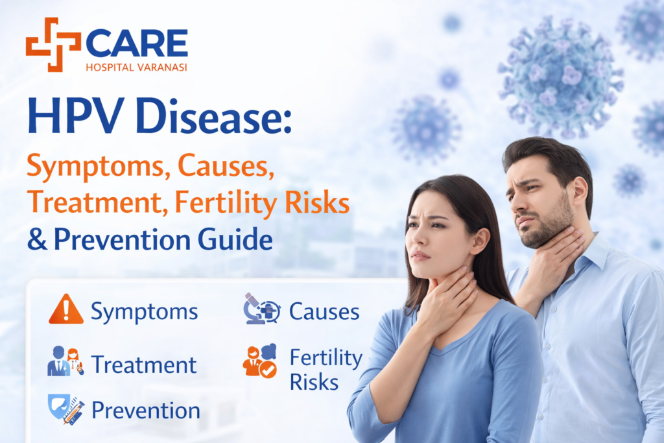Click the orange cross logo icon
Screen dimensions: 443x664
coord(53,44)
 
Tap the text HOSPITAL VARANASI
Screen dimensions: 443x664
coord(136,67)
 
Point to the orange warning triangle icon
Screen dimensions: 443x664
coord(65,310)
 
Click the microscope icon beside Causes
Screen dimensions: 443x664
coord(261,309)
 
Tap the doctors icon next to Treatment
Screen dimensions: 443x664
coord(65,361)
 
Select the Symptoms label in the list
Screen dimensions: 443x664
coord(144,312)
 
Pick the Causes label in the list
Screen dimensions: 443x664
coord(324,311)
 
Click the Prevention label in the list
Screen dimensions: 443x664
coord(145,411)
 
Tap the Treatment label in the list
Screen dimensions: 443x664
coord(143,365)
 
